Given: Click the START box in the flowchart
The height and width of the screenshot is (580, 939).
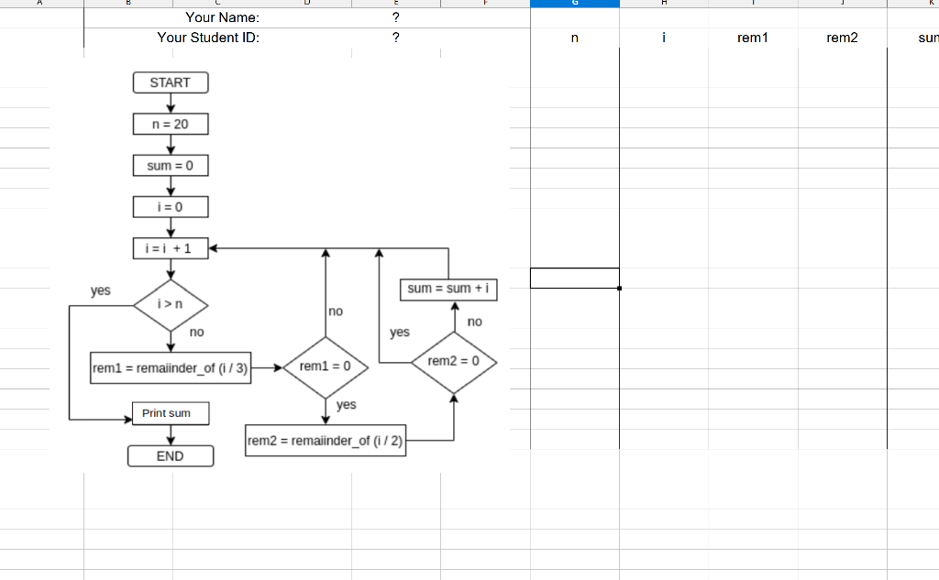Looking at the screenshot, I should coord(170,82).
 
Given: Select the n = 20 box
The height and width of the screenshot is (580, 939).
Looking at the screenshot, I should coord(170,124).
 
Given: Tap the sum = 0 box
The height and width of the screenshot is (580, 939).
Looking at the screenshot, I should coord(170,166).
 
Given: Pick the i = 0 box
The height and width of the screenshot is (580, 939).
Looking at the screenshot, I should coord(170,207).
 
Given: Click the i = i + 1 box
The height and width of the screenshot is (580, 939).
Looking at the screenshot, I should coord(170,247).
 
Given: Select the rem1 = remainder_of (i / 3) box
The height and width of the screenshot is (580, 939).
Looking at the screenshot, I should coord(171,367).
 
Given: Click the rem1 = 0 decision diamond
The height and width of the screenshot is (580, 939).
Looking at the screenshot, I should coord(326,367).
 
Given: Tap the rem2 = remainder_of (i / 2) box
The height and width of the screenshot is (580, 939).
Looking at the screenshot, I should coord(326,441).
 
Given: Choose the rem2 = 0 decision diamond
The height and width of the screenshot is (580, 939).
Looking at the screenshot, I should coord(454,362).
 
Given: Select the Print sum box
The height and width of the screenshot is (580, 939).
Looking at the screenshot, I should coord(170,413).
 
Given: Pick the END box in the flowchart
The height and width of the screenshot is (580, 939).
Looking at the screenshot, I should coord(170,456).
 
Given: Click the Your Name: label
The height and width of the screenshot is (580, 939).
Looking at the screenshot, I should coord(222,16).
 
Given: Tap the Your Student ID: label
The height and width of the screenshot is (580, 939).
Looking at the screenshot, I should coord(208,38).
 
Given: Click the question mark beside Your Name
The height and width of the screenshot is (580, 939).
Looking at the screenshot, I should coord(395,16).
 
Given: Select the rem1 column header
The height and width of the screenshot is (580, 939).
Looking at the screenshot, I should coord(752,38).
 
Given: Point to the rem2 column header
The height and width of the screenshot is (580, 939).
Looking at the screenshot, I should coord(842,38).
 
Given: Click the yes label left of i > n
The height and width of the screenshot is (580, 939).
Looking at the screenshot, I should coord(101,290).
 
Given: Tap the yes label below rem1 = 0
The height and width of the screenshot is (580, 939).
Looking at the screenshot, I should coord(347,404).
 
